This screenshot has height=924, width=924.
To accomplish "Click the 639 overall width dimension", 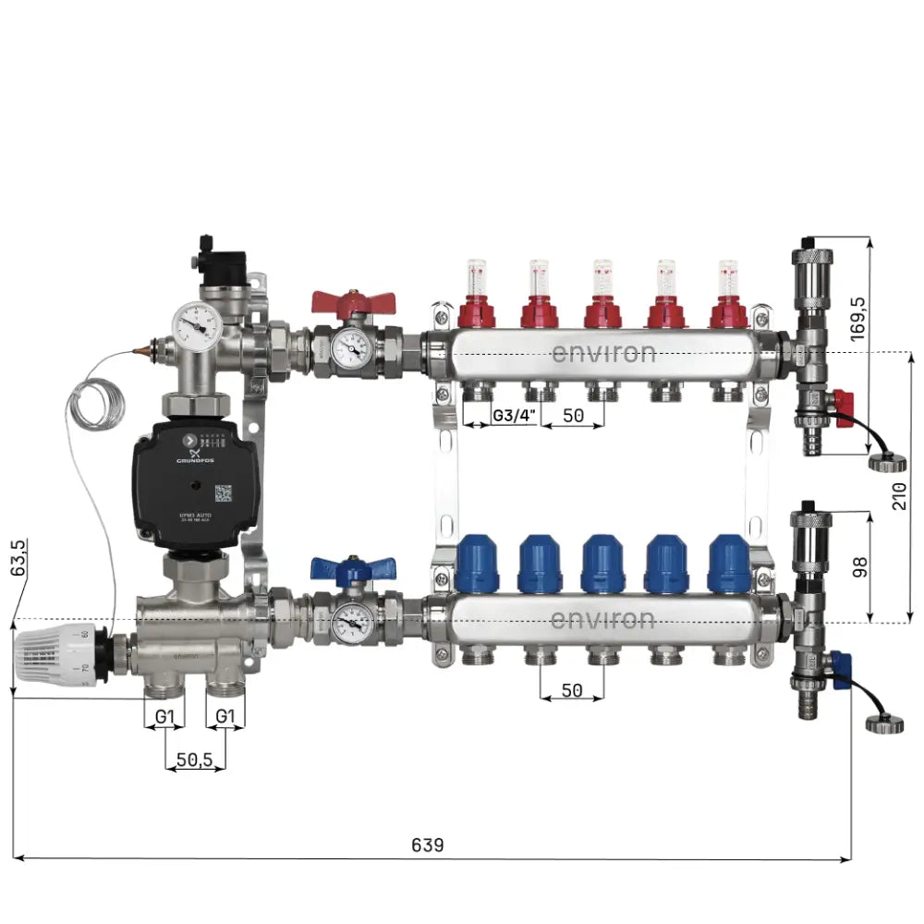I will [427, 845].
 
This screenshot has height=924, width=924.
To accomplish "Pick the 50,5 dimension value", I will [194, 760].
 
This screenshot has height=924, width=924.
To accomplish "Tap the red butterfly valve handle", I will [352, 303].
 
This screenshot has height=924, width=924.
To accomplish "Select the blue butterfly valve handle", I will [352, 566].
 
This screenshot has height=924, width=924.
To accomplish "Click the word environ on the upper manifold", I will [603, 353].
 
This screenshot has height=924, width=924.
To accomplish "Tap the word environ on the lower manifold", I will [603, 619].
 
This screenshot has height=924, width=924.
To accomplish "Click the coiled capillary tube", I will [93, 407].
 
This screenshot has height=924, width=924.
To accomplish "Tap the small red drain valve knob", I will [843, 403].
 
